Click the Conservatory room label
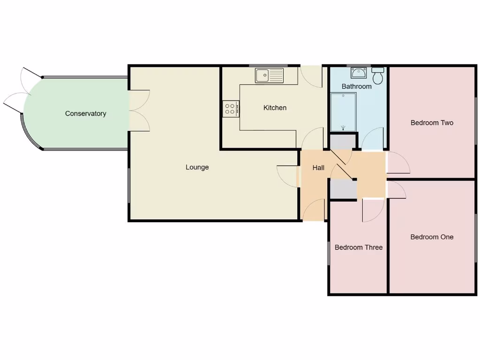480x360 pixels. tap(85, 113)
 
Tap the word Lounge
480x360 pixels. tap(197, 167)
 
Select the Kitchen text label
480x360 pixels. tap(275, 108)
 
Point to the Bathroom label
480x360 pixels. tap(356, 86)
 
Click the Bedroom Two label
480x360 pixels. tap(432, 123)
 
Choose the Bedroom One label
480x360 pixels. tap(432, 237)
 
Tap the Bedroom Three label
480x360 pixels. tap(359, 247)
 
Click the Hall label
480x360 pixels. tap(318, 168)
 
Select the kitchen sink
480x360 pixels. tap(270, 75)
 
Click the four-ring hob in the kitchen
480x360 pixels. tap(231, 109)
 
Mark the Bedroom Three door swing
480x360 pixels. tap(373, 210)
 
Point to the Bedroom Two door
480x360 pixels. tap(397, 163)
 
